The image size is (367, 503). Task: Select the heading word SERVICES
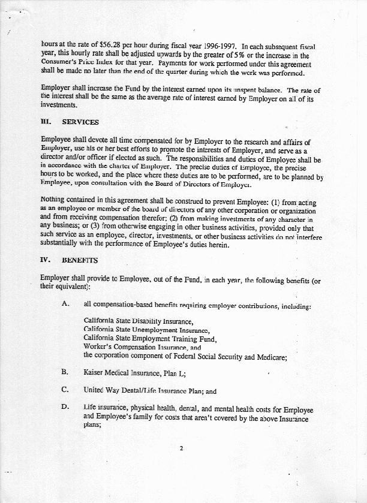tap(80, 122)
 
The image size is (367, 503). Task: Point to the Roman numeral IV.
tap(46, 261)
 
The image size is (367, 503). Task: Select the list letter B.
tap(65, 372)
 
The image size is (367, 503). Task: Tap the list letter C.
tap(65, 390)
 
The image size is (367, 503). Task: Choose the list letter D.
tap(65, 408)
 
